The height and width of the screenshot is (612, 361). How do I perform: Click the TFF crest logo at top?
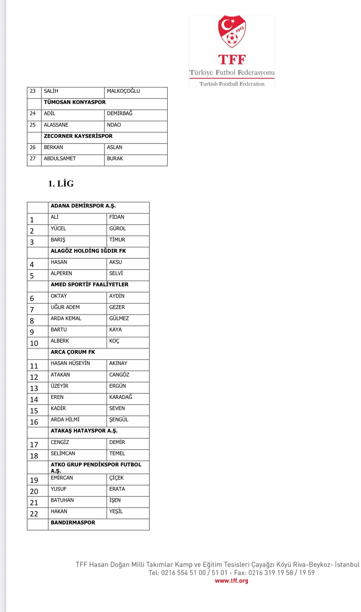pyautogui.click(x=232, y=32)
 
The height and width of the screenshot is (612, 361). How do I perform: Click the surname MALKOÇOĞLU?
pyautogui.click(x=123, y=91)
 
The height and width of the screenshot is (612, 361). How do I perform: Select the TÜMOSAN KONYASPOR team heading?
pyautogui.click(x=75, y=102)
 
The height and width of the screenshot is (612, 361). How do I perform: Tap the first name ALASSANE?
pyautogui.click(x=56, y=125)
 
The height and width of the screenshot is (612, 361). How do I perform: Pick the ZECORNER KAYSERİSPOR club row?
pyautogui.click(x=78, y=136)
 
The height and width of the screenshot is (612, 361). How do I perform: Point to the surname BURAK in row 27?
pyautogui.click(x=115, y=159)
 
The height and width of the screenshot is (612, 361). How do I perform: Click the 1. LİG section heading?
pyautogui.click(x=61, y=183)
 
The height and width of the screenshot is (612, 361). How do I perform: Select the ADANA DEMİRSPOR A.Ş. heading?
pyautogui.click(x=83, y=206)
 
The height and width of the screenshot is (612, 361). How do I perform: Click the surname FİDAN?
pyautogui.click(x=117, y=217)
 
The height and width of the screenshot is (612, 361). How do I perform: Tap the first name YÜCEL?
pyautogui.click(x=58, y=229)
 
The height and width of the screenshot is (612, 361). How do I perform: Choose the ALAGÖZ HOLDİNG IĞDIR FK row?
pyautogui.click(x=88, y=251)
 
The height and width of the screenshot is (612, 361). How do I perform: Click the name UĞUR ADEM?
pyautogui.click(x=65, y=307)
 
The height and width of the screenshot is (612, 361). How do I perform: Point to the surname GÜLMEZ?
pyautogui.click(x=119, y=319)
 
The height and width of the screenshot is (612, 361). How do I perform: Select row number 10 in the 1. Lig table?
pyautogui.click(x=34, y=343)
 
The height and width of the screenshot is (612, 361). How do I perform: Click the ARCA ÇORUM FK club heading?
pyautogui.click(x=73, y=352)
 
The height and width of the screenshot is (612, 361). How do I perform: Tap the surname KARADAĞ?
pyautogui.click(x=121, y=397)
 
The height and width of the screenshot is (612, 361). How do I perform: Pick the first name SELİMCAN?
pyautogui.click(x=63, y=454)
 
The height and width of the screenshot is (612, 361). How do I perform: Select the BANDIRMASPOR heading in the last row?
pyautogui.click(x=73, y=523)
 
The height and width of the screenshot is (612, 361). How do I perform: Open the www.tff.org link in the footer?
pyautogui.click(x=232, y=581)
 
